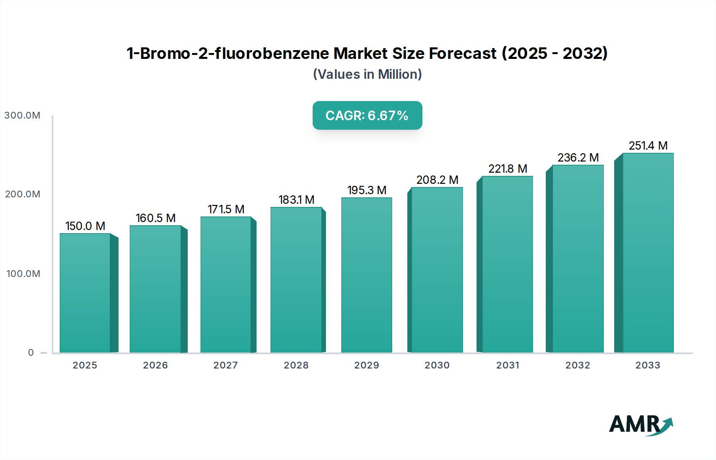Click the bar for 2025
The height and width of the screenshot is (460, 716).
tap(85, 293)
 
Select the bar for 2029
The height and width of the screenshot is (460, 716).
tap(366, 275)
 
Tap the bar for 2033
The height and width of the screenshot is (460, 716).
tap(648, 253)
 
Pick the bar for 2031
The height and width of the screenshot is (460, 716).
tap(507, 264)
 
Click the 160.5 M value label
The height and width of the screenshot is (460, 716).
tap(156, 218)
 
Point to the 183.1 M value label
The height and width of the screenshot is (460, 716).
tap(296, 200)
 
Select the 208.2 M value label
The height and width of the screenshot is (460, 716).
tap(437, 180)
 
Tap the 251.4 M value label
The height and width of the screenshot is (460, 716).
tap(648, 146)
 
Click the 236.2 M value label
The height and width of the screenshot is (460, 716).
tap(578, 158)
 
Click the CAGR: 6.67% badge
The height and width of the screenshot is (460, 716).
tap(367, 115)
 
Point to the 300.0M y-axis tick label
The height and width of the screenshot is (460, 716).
tap(22, 115)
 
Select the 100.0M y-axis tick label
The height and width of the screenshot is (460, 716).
tap(23, 274)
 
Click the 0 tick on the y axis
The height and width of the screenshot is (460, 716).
tap(31, 353)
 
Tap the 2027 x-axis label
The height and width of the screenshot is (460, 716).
tap(226, 365)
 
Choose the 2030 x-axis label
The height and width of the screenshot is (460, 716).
tap(437, 365)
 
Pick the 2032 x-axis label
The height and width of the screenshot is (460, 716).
tap(578, 365)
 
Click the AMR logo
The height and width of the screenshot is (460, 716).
tap(641, 424)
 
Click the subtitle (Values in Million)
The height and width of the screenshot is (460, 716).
tap(367, 74)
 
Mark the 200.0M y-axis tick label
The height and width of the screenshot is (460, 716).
tap(23, 194)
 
